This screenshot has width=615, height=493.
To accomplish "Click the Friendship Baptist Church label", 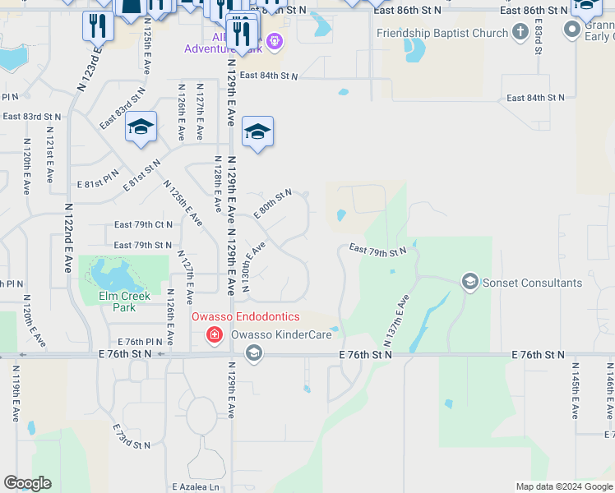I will click(441, 34).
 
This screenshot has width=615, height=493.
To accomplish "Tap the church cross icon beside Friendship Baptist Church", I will click(519, 33).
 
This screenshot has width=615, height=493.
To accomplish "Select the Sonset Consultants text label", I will click(532, 283).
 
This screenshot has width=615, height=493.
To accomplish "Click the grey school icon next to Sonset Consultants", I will click(470, 283).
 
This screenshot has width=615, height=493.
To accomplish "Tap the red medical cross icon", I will click(214, 334).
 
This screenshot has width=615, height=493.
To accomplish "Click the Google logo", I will click(27, 483).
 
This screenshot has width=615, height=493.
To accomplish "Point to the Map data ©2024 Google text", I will click(563, 486).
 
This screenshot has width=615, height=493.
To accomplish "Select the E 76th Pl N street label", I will click(141, 341).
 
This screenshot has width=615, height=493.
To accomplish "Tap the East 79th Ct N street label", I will click(143, 224).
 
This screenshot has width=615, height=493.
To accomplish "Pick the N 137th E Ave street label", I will click(395, 320).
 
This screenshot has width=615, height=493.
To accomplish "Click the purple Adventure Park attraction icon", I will click(274, 41).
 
